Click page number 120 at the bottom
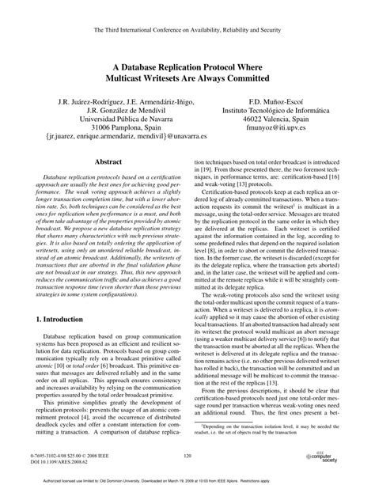coord(187,456)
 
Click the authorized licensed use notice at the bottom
coord(187,479)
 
